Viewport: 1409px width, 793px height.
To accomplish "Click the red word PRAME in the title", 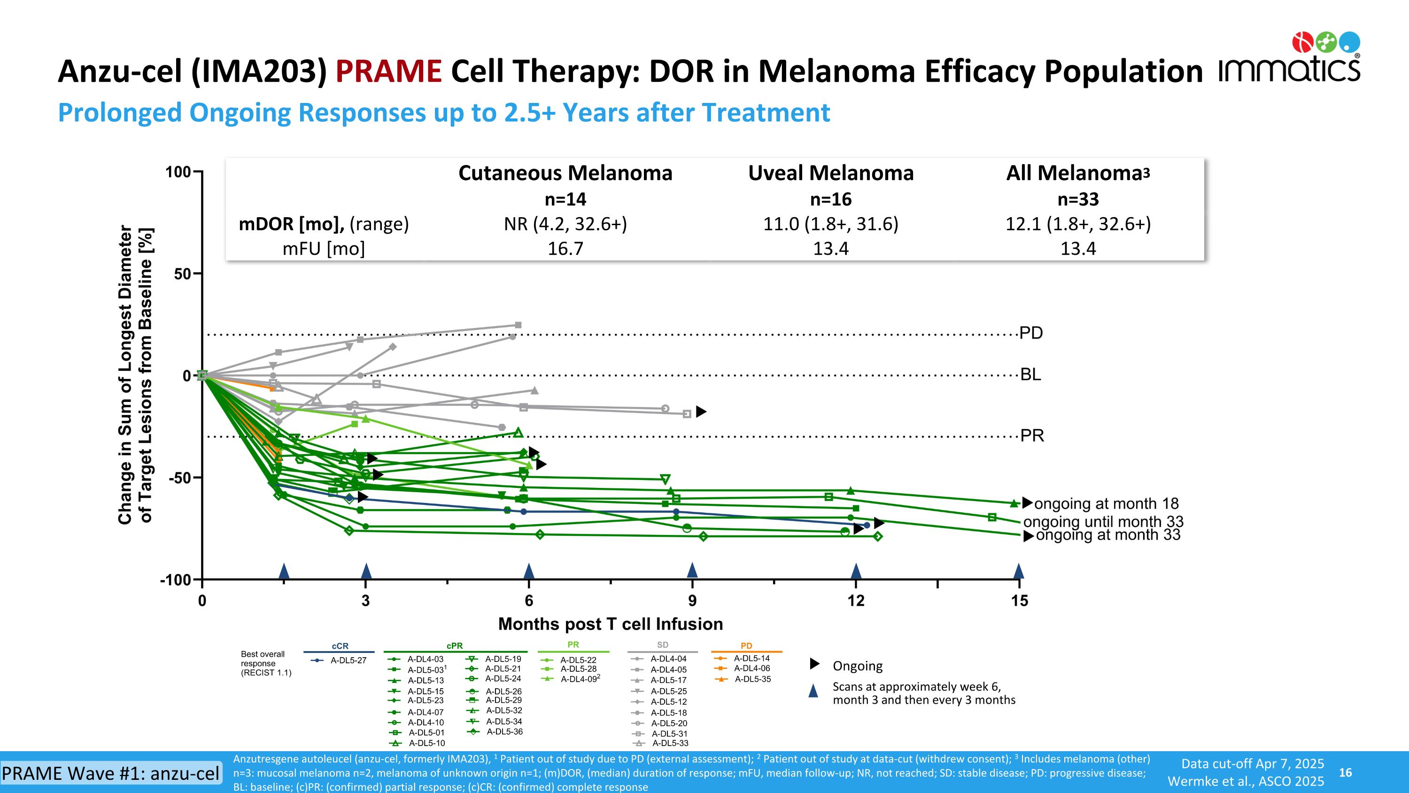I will pos(388,72).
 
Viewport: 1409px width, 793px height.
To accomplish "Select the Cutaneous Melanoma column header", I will pos(565,173).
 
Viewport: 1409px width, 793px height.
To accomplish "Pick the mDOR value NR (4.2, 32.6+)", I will pos(565,224).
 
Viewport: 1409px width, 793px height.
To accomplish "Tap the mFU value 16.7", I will pos(565,249).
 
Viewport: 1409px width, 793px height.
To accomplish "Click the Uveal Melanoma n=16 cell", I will pos(830,199).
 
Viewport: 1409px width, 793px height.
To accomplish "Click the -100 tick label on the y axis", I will pos(175,580).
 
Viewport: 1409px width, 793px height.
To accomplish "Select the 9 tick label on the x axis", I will pos(692,601).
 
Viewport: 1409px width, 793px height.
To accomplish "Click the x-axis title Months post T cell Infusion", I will pos(611,624).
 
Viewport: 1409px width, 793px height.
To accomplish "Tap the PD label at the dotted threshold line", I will pos(1031,333).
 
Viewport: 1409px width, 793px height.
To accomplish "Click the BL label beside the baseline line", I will pos(1030,375).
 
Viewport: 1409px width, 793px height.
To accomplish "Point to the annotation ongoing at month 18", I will pos(1106,503).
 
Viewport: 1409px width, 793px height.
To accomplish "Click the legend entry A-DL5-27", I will pos(348,660).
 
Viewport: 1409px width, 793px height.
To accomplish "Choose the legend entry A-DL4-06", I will pos(751,668).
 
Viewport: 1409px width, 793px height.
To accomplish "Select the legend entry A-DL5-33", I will pos(670,743).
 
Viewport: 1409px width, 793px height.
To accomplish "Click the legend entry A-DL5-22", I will pos(578,660).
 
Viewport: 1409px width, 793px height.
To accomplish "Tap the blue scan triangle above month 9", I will pos(692,570).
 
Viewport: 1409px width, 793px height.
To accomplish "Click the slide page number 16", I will pos(1345,772).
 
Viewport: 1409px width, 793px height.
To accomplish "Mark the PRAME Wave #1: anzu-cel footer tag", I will pos(110,773).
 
